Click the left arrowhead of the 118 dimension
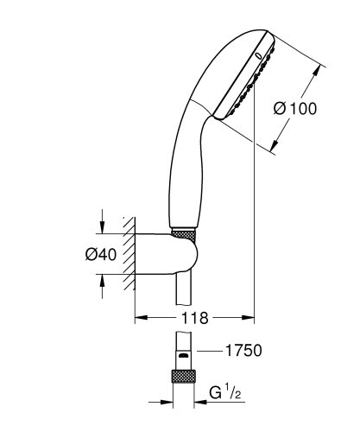(x=139, y=318)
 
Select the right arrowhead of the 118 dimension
(x=251, y=318)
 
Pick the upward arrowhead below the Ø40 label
(x=102, y=280)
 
